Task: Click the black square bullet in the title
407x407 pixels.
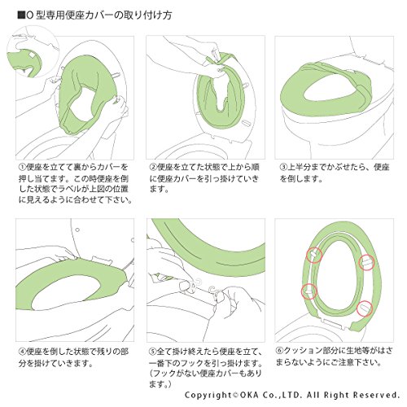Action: [x=21, y=15]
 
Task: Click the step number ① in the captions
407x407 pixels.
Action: [x=22, y=167]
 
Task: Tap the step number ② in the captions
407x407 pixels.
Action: [x=153, y=167]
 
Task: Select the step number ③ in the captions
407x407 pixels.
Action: [x=283, y=167]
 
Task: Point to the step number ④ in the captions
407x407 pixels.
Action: [x=22, y=352]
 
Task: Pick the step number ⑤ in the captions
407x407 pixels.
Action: [x=153, y=352]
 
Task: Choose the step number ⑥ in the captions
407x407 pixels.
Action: [x=280, y=351]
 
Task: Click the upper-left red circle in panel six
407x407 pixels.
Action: [x=314, y=255]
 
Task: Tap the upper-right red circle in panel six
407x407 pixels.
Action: [x=367, y=262]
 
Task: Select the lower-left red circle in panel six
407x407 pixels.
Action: [x=309, y=291]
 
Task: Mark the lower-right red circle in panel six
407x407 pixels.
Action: [x=365, y=309]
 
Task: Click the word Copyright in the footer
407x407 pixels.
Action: [x=208, y=395]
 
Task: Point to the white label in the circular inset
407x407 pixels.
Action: [x=32, y=55]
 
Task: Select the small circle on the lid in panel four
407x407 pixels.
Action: [x=77, y=230]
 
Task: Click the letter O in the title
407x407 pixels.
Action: [x=30, y=15]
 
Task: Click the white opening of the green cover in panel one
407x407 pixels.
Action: [x=82, y=104]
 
